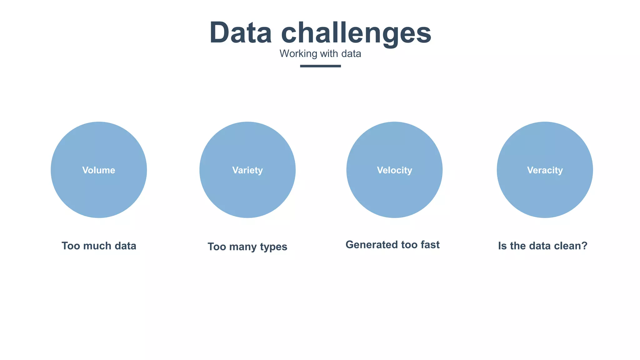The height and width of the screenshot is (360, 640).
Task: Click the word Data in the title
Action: pyautogui.click(x=241, y=33)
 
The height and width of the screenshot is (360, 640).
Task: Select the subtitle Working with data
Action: pyautogui.click(x=320, y=54)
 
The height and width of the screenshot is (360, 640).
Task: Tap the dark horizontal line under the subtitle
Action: pyautogui.click(x=320, y=66)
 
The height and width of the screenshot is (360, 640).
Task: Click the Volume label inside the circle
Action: pyautogui.click(x=99, y=170)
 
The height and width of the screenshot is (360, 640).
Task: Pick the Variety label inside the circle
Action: pyautogui.click(x=247, y=170)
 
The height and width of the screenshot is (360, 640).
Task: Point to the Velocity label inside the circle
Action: pyautogui.click(x=394, y=170)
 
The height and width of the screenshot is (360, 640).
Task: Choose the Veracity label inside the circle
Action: pyautogui.click(x=545, y=170)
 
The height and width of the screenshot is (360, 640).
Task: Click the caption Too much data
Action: pyautogui.click(x=99, y=246)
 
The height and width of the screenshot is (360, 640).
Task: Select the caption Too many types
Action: pyautogui.click(x=247, y=247)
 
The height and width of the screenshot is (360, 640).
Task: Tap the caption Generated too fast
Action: pyautogui.click(x=392, y=245)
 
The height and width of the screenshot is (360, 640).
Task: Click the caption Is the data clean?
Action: pyautogui.click(x=543, y=246)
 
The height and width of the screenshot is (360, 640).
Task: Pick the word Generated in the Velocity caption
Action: pyautogui.click(x=367, y=245)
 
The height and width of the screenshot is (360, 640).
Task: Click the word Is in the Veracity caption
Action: pyautogui.click(x=502, y=246)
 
